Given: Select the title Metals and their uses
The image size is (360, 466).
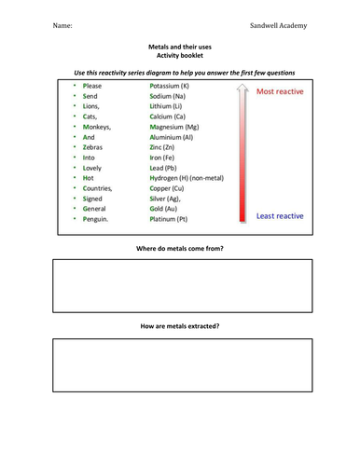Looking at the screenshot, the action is point(180,45).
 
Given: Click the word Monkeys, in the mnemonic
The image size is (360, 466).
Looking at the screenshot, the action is point(98,126).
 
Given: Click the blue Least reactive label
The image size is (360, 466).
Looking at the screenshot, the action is point(280,216).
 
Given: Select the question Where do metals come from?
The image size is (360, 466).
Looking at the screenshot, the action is point(180,249).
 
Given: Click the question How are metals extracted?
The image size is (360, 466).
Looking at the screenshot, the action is point(180,326).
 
